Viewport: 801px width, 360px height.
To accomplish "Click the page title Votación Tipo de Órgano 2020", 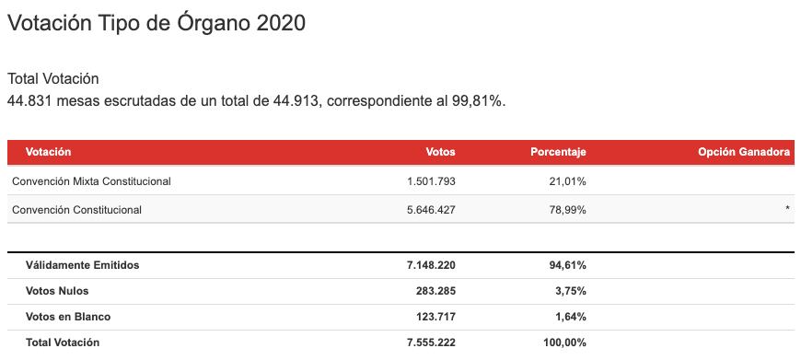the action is click(157, 24).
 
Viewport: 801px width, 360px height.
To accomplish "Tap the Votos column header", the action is click(440, 152).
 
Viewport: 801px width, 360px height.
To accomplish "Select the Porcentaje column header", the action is click(558, 153).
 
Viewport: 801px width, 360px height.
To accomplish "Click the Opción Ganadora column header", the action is click(744, 152).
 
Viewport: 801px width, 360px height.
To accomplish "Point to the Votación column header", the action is click(48, 152).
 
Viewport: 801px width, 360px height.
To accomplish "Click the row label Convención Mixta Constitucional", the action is click(91, 181).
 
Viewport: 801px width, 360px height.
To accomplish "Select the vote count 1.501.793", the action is click(431, 181).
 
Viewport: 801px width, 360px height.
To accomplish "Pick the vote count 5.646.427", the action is click(431, 210).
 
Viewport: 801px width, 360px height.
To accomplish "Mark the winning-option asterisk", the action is click(788, 208).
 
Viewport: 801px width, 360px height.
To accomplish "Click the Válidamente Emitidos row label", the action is click(82, 265).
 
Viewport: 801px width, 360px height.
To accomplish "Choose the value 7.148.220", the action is click(431, 265).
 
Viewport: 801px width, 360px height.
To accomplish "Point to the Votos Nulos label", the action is click(57, 291).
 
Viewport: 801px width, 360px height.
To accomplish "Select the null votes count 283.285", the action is click(435, 291).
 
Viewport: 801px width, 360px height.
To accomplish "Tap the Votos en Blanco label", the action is click(68, 317).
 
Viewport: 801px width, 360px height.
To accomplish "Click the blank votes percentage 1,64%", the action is click(571, 317).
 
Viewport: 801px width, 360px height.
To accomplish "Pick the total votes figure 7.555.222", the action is click(431, 343).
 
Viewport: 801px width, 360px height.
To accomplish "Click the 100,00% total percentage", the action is click(564, 343).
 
